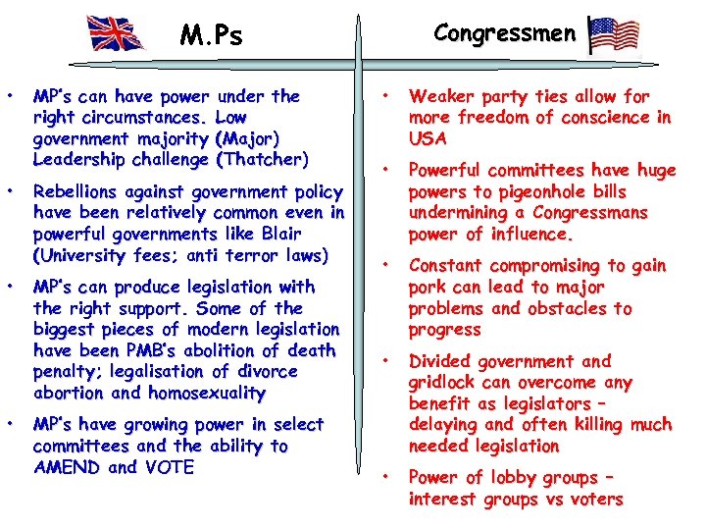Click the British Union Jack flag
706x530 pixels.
pyautogui.click(x=116, y=32)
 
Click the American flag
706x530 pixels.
pyautogui.click(x=615, y=35)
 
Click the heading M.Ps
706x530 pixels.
pyautogui.click(x=211, y=36)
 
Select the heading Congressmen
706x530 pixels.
pyautogui.click(x=504, y=32)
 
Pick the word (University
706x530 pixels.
pyautogui.click(x=82, y=256)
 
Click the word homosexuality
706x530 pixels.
pyautogui.click(x=207, y=394)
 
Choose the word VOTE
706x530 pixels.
pyautogui.click(x=168, y=467)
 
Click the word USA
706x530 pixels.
pyautogui.click(x=428, y=138)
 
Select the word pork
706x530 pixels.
pyautogui.click(x=429, y=288)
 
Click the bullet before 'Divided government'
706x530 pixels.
pyautogui.click(x=387, y=360)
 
